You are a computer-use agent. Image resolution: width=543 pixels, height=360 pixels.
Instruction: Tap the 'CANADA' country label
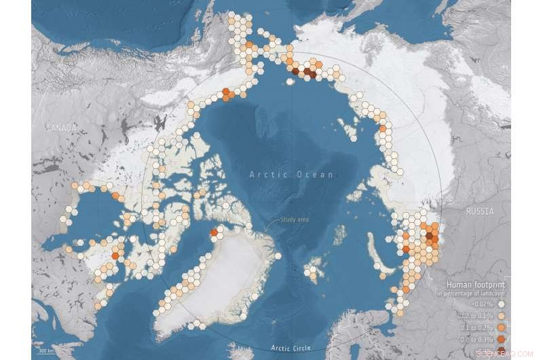pyautogui.click(x=60, y=128)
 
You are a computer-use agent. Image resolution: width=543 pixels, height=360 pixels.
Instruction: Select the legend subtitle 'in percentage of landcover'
pyautogui.click(x=474, y=294)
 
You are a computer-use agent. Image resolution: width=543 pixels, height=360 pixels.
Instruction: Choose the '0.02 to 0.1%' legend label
pyautogui.click(x=472, y=317)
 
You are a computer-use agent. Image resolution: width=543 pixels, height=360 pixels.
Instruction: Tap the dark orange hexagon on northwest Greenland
pyautogui.click(x=214, y=234)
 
